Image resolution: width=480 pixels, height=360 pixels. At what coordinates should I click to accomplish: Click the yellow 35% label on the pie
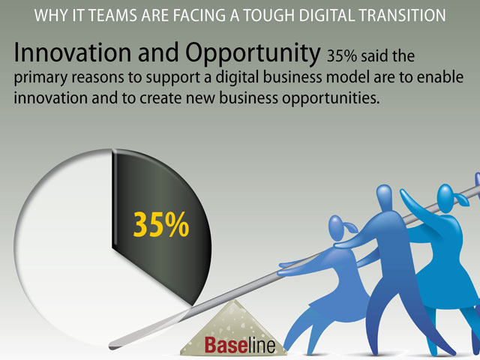(x=161, y=225)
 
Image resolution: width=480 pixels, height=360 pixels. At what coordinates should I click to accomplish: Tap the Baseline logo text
(x=240, y=345)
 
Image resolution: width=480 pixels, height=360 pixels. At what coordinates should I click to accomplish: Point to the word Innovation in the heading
(x=73, y=52)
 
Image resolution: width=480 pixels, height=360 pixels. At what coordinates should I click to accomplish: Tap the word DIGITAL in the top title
(x=326, y=15)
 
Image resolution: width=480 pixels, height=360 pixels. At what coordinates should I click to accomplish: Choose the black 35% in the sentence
(x=342, y=56)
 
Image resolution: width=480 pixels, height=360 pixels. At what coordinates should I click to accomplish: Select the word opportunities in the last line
(x=331, y=98)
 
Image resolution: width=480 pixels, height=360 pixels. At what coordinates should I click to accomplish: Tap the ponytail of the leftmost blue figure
(x=350, y=227)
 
